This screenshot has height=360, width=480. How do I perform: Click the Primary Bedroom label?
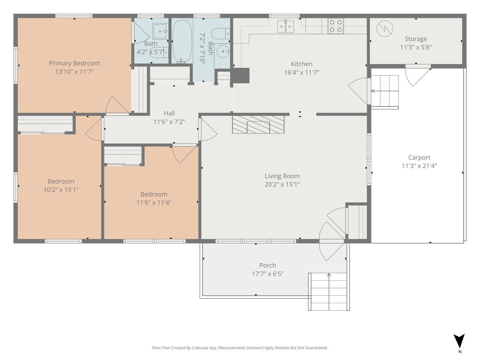pyautogui.click(x=75, y=63)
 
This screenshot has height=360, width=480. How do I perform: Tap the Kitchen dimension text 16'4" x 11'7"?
pyautogui.click(x=302, y=73)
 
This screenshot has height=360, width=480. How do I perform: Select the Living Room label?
pyautogui.click(x=282, y=176)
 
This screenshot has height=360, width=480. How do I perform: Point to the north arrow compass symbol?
pyautogui.click(x=459, y=341)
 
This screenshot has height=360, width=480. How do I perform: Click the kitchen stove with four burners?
pyautogui.click(x=336, y=26)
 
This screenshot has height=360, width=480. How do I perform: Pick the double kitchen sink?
pyautogui.click(x=285, y=26)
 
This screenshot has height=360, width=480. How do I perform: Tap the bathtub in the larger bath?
pyautogui.click(x=182, y=42)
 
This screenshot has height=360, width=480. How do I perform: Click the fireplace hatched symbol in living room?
pyautogui.click(x=258, y=125)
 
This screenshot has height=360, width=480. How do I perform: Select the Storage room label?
pyautogui.click(x=416, y=39)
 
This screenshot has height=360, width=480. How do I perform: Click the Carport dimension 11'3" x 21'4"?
pyautogui.click(x=419, y=166)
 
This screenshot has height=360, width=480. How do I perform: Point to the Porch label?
pyautogui.click(x=268, y=265)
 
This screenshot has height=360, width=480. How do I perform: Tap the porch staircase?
pyautogui.click(x=329, y=292)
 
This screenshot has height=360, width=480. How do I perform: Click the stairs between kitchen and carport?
pyautogui.click(x=385, y=91)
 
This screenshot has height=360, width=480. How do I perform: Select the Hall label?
pyautogui.click(x=169, y=113)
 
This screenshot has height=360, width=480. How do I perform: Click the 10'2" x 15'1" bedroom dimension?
pyautogui.click(x=61, y=190)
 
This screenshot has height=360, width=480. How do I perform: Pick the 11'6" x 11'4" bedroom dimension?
pyautogui.click(x=154, y=202)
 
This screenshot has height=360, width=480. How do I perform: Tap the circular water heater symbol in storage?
pyautogui.click(x=385, y=29)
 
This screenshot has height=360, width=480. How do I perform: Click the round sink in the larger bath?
pyautogui.click(x=222, y=51)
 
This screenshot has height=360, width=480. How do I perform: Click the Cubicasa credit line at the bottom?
pyautogui.click(x=240, y=348)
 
